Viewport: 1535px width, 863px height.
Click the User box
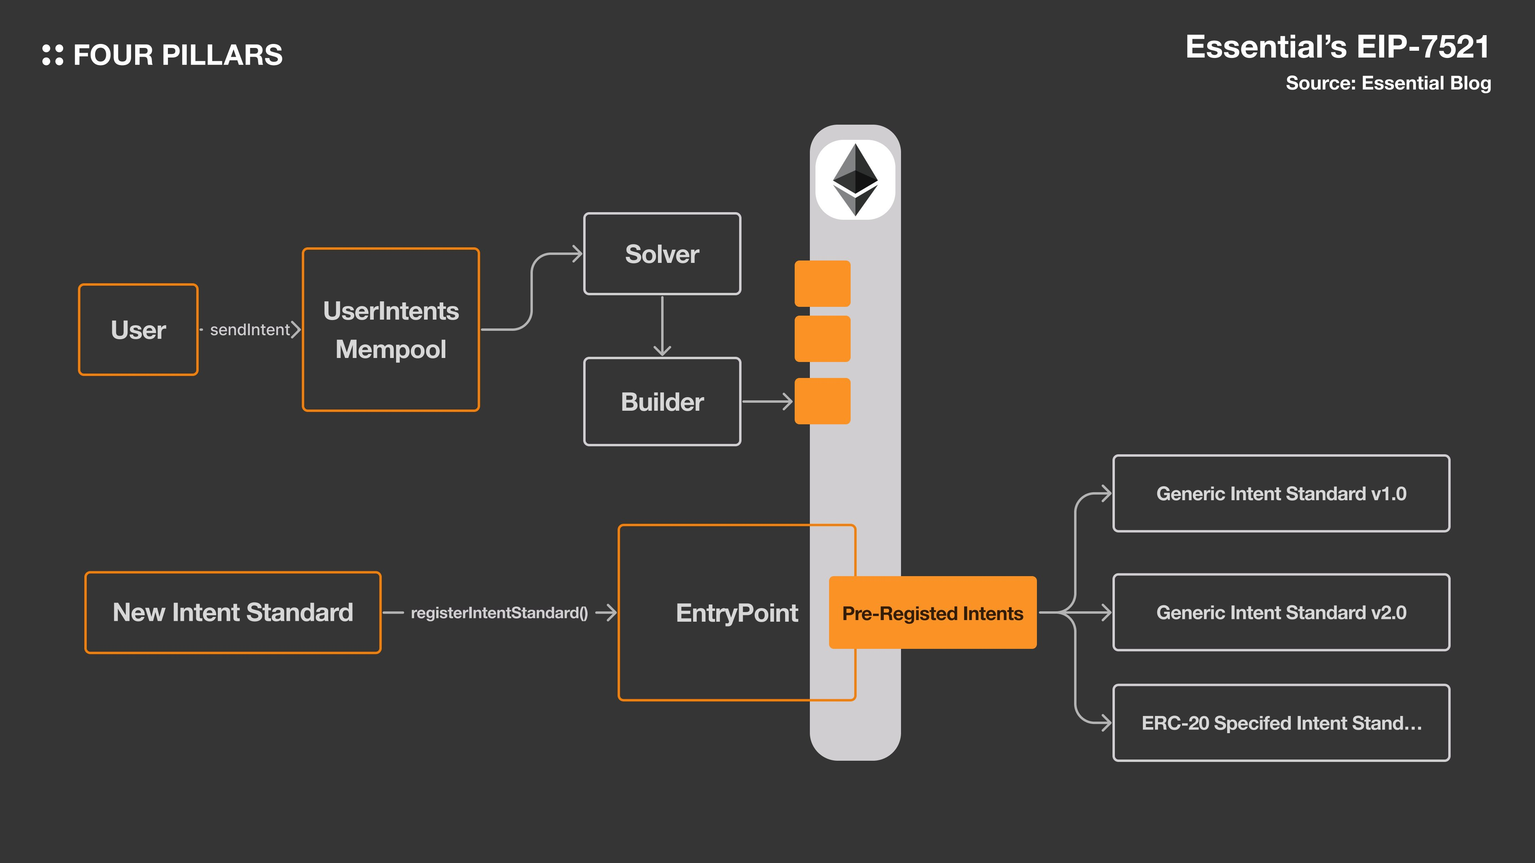pos(138,329)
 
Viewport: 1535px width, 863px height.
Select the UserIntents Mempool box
pos(391,329)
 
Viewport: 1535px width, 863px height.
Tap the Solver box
pos(662,254)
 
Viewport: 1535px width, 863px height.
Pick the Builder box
pos(662,402)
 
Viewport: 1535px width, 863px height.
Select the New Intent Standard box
pos(233,612)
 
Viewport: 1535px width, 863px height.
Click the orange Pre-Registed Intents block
pos(933,613)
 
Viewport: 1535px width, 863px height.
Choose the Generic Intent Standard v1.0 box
pos(1281,493)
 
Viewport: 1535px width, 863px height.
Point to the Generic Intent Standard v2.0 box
pos(1281,612)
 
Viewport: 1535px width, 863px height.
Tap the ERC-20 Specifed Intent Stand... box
pos(1281,722)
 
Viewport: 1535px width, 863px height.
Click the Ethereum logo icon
pos(855,179)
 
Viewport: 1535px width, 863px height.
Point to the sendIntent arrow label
pos(250,329)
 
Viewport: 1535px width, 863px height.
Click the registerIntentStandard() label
pos(499,613)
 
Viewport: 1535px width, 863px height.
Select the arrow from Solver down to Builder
pos(662,326)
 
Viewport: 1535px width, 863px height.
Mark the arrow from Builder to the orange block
pos(767,402)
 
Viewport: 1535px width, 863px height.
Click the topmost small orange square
pos(822,284)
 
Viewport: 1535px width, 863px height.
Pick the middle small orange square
pos(822,339)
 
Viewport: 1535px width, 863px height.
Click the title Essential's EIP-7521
pos(1337,47)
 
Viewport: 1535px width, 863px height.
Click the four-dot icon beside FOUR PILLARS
pos(52,55)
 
